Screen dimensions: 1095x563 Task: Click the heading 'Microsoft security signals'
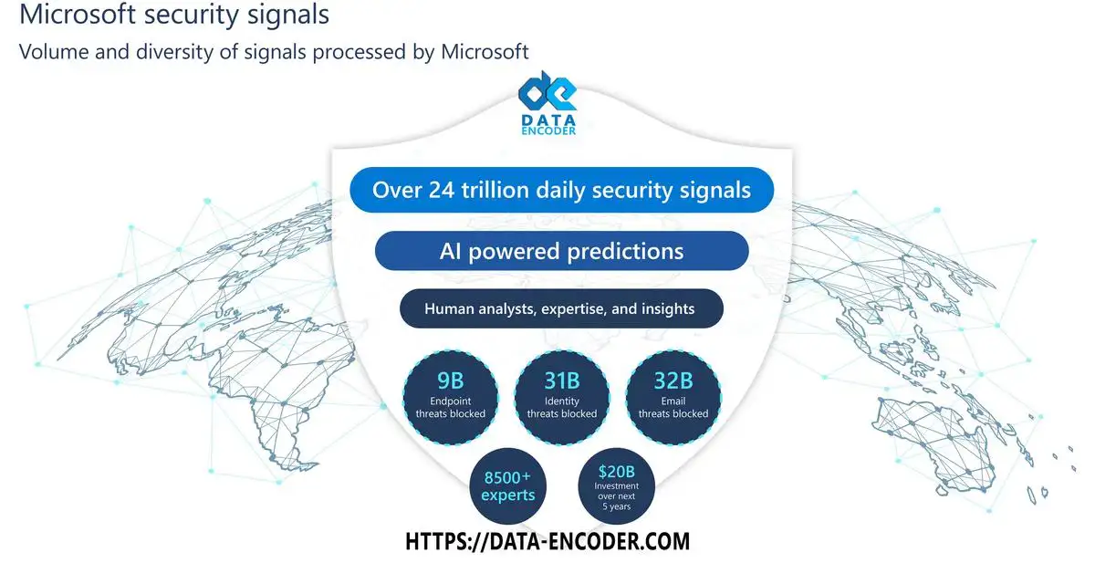pos(174,15)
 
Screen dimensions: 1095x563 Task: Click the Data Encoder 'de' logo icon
pos(547,91)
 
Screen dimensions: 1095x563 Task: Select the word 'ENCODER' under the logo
pos(548,131)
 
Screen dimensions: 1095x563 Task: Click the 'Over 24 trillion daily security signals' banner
pos(562,190)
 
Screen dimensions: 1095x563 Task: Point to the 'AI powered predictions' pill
pos(562,251)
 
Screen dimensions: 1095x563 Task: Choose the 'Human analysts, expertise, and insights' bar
pos(561,308)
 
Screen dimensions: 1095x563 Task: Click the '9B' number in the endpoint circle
pos(450,381)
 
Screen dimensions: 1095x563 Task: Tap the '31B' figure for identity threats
pos(562,381)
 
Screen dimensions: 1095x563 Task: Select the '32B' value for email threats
pos(673,381)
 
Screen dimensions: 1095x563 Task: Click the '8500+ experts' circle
pos(508,486)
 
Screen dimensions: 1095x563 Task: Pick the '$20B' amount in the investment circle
pos(617,472)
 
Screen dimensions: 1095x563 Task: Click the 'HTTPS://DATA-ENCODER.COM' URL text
pos(547,541)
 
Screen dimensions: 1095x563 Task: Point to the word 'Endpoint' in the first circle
pos(450,401)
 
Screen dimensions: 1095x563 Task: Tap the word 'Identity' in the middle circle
pos(562,401)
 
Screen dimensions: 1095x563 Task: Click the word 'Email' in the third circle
pos(673,401)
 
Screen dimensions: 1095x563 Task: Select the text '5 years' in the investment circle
pos(617,506)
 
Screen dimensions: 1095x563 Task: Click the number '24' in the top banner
pos(442,190)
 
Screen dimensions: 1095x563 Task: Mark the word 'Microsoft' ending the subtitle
pos(485,52)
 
